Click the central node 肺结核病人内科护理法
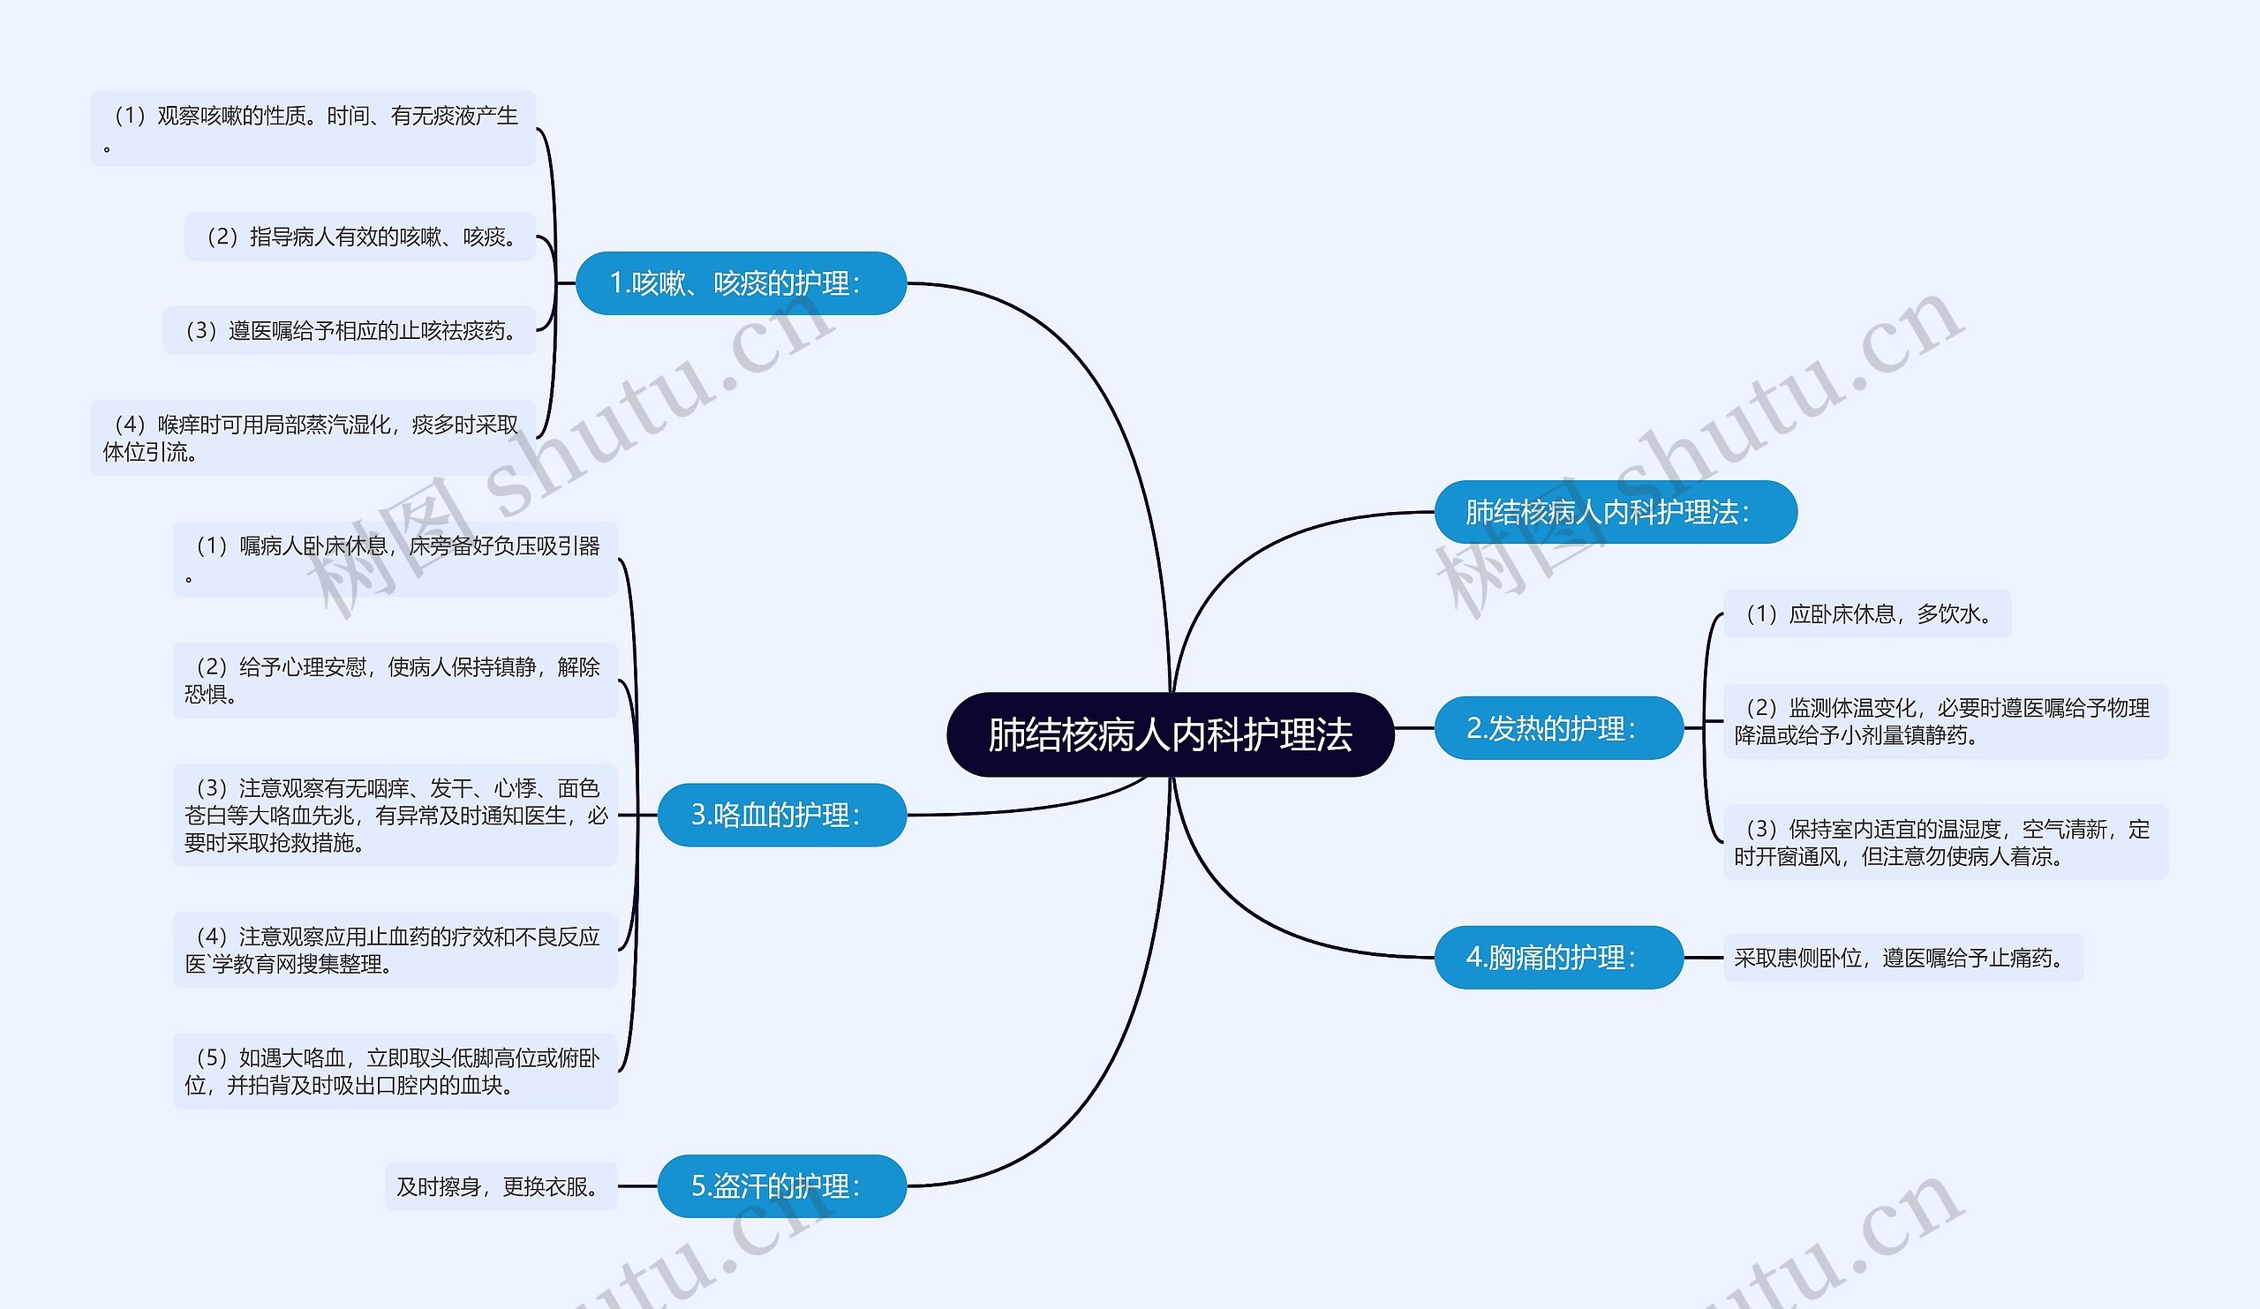pyautogui.click(x=1170, y=734)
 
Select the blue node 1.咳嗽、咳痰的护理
pyautogui.click(x=740, y=283)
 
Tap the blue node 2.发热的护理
pyautogui.click(x=1558, y=728)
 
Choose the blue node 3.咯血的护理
pyautogui.click(x=781, y=815)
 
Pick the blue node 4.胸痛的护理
pyautogui.click(x=1558, y=958)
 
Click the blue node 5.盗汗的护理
pyautogui.click(x=781, y=1186)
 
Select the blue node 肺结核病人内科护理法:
pyautogui.click(x=1615, y=512)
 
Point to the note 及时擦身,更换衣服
pyautogui.click(x=501, y=1186)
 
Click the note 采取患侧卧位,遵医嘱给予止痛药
pyautogui.click(x=1902, y=958)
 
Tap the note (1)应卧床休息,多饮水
pyautogui.click(x=1866, y=614)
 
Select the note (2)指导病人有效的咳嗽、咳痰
pyautogui.click(x=359, y=237)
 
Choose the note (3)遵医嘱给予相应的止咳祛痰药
pyautogui.click(x=349, y=331)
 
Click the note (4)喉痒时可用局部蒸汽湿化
pyautogui.click(x=313, y=438)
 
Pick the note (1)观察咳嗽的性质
pyautogui.click(x=313, y=128)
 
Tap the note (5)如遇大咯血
pyautogui.click(x=395, y=1072)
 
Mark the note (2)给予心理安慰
pyautogui.click(x=395, y=681)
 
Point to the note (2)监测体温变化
pyautogui.click(x=1944, y=721)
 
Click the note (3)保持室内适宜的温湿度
pyautogui.click(x=1944, y=842)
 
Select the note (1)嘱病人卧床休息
pyautogui.click(x=395, y=559)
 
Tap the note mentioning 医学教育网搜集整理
pyautogui.click(x=395, y=951)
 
